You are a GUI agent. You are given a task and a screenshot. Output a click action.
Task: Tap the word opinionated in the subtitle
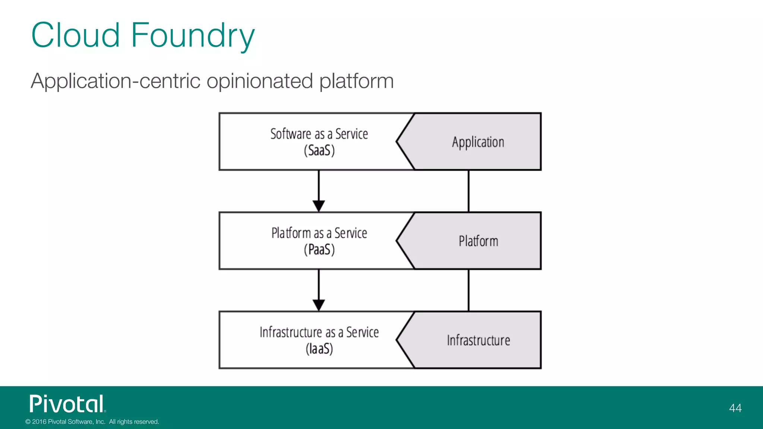[260, 81]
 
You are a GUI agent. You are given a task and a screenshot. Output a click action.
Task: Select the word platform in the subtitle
[357, 81]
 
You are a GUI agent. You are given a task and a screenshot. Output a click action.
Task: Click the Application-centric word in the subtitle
[115, 81]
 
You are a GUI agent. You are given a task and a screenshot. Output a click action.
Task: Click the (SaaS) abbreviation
[319, 151]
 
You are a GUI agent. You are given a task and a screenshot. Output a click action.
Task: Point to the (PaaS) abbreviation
[319, 250]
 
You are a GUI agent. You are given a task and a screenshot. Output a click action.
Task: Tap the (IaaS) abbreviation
[319, 349]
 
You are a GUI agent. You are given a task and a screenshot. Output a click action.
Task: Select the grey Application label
[478, 142]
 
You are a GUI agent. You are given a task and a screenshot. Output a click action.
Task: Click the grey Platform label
[478, 241]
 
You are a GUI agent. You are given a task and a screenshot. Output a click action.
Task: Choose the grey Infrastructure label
[478, 340]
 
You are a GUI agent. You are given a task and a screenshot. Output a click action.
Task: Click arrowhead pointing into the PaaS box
[319, 206]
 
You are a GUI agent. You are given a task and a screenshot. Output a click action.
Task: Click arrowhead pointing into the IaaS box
[319, 305]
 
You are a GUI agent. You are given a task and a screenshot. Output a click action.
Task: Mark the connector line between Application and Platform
[468, 191]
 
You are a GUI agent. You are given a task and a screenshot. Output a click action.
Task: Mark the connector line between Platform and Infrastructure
[468, 290]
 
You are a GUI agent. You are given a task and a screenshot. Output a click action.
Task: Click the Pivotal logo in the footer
[67, 404]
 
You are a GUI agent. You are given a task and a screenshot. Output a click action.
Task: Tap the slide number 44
[735, 408]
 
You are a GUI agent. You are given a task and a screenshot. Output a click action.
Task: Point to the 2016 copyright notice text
[92, 422]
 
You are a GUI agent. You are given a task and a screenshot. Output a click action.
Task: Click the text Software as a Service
[319, 134]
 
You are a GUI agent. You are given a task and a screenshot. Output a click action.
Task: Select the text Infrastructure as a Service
[319, 332]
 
